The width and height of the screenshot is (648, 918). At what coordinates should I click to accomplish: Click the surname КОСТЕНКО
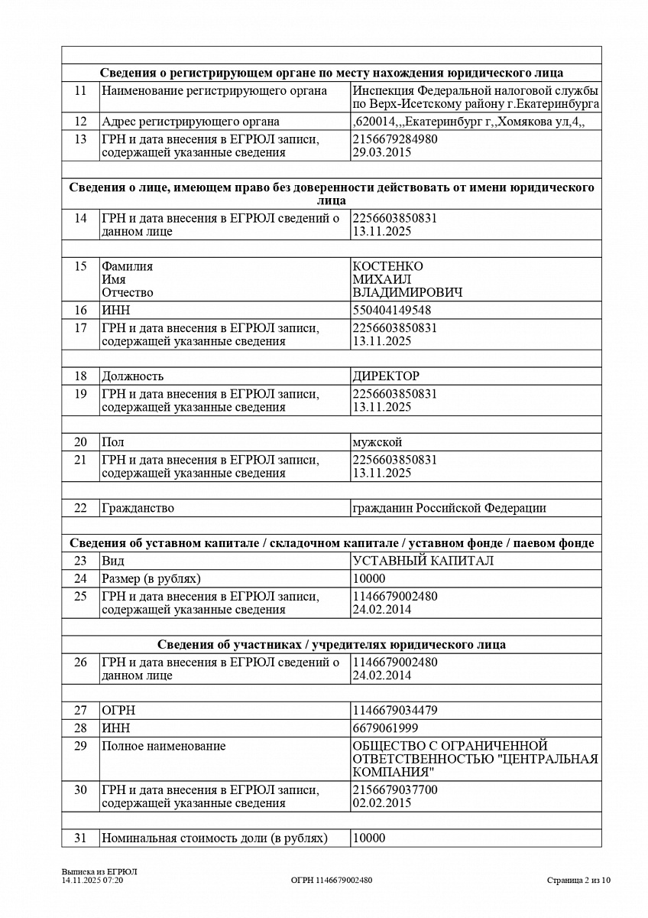(x=387, y=266)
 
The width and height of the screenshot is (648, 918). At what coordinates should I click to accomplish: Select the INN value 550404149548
(x=391, y=311)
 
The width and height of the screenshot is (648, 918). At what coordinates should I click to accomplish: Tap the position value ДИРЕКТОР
(x=386, y=376)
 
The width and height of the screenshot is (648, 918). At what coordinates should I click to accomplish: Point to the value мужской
(x=377, y=442)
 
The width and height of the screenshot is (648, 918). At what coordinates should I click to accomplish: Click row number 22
(x=81, y=508)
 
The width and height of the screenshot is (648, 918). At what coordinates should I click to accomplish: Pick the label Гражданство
(x=138, y=508)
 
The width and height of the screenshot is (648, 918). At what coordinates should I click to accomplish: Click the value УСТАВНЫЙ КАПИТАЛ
(x=423, y=561)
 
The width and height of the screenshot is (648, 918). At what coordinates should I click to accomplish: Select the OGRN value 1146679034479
(x=395, y=710)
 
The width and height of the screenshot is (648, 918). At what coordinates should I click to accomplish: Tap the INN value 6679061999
(x=385, y=728)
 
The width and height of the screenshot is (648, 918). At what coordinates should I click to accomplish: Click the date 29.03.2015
(x=382, y=152)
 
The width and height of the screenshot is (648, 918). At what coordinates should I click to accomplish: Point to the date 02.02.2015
(x=382, y=803)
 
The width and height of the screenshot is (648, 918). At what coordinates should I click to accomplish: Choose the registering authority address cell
(x=468, y=122)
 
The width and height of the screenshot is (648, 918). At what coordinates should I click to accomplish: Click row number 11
(x=81, y=91)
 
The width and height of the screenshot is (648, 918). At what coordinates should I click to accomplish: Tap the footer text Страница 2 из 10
(x=578, y=881)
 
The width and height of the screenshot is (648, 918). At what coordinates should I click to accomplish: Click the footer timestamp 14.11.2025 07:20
(x=92, y=881)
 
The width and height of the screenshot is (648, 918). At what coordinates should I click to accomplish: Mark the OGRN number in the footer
(x=332, y=881)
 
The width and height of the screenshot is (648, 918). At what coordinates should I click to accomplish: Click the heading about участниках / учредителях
(x=332, y=644)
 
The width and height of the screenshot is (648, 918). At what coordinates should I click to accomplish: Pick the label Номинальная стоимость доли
(x=215, y=838)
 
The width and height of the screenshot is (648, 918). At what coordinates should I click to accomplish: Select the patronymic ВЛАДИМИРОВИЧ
(x=407, y=292)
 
